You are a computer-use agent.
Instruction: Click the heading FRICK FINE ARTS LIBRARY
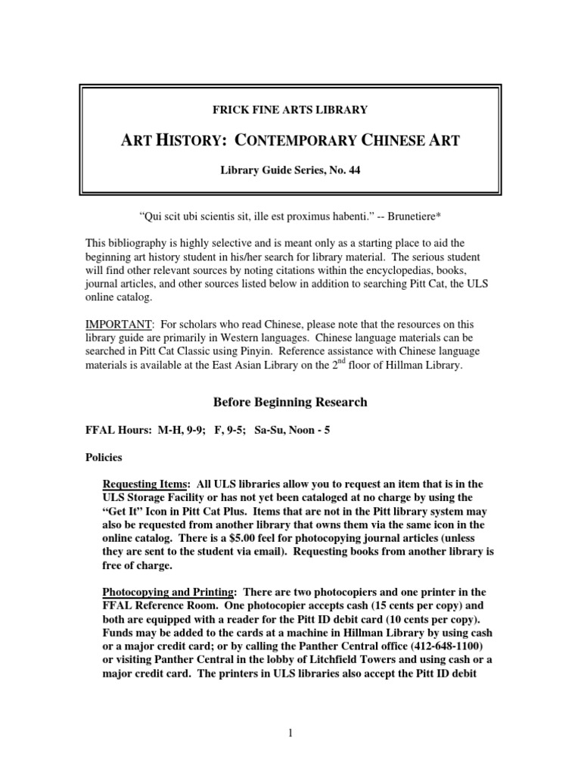pyautogui.click(x=290, y=110)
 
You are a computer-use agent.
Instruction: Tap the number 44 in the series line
pyautogui.click(x=353, y=170)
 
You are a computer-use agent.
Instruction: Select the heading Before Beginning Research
pyautogui.click(x=290, y=402)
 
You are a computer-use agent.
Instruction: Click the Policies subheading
pyautogui.click(x=105, y=458)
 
